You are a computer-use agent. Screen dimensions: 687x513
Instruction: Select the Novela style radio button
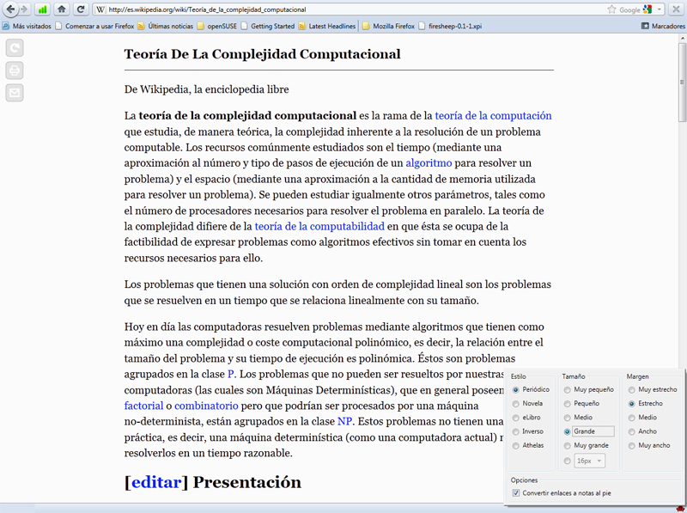516,403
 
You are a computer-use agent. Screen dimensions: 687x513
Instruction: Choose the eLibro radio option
516,417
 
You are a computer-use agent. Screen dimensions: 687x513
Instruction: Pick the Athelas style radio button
516,445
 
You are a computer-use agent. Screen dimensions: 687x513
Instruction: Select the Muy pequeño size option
568,389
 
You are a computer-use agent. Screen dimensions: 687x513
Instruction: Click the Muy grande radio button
568,445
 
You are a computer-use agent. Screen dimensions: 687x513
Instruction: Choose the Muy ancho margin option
632,445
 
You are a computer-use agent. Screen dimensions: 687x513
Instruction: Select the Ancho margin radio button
632,431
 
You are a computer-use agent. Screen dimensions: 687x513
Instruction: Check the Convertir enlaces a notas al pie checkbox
516,492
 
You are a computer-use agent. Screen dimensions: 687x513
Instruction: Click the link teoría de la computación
493,115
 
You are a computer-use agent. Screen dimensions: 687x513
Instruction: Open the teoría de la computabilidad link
319,226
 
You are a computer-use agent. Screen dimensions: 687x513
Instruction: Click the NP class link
344,421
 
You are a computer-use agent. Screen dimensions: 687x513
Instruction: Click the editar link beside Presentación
156,481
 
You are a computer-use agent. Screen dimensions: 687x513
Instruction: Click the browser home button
61,9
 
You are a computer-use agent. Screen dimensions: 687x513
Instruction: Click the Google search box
630,9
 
